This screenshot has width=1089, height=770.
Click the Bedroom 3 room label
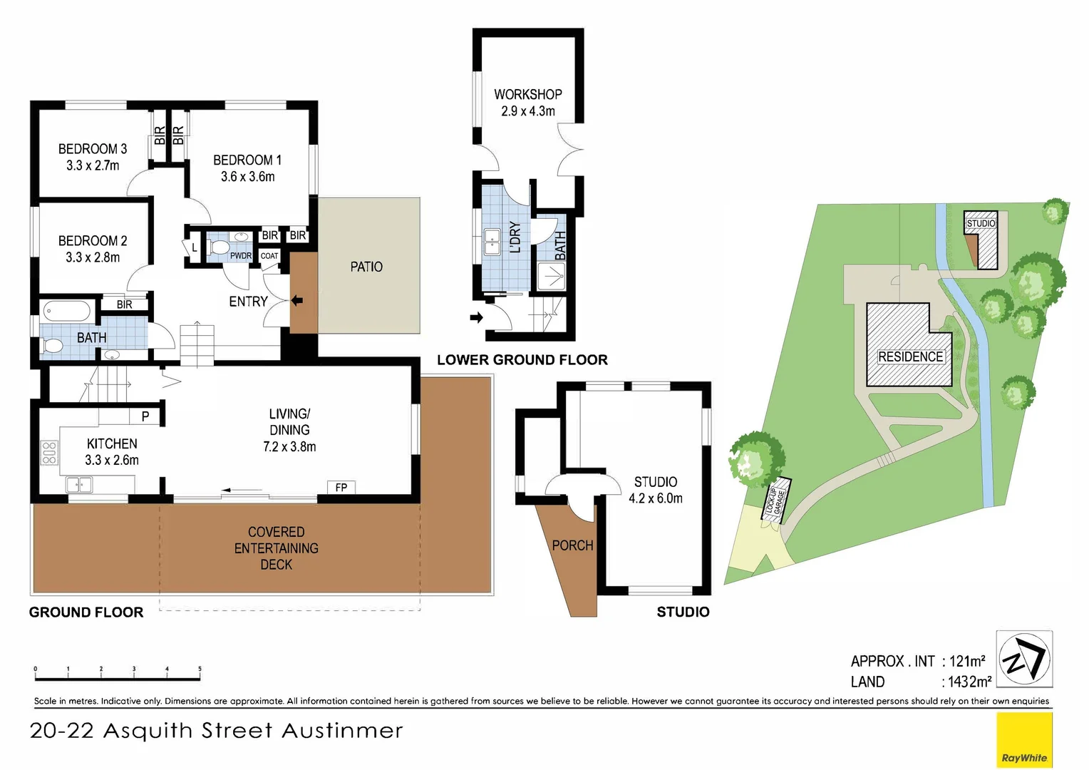(x=93, y=157)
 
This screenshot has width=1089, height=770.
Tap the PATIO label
(x=366, y=267)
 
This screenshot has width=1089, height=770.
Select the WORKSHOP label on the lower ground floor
(x=528, y=94)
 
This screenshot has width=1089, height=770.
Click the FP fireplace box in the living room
(x=341, y=487)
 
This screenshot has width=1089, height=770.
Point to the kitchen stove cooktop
(x=49, y=452)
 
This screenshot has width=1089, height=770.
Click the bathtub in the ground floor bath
(x=67, y=311)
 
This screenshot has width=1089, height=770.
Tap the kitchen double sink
(x=79, y=485)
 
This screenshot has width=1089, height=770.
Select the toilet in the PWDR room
(x=219, y=247)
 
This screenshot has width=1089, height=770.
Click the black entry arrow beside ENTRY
(x=297, y=301)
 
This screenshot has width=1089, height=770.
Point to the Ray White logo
(x=1024, y=740)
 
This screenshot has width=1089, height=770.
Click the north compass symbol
(x=1024, y=659)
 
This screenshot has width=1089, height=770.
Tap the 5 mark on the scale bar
(x=200, y=669)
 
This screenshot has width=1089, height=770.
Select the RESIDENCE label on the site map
(x=910, y=357)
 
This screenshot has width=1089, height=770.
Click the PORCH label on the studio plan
(x=572, y=545)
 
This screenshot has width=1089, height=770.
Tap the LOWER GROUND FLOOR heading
(x=522, y=360)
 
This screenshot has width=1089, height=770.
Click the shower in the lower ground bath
(x=552, y=277)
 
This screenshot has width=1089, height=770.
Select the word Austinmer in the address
(x=342, y=731)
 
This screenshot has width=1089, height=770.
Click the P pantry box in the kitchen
(x=145, y=416)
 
